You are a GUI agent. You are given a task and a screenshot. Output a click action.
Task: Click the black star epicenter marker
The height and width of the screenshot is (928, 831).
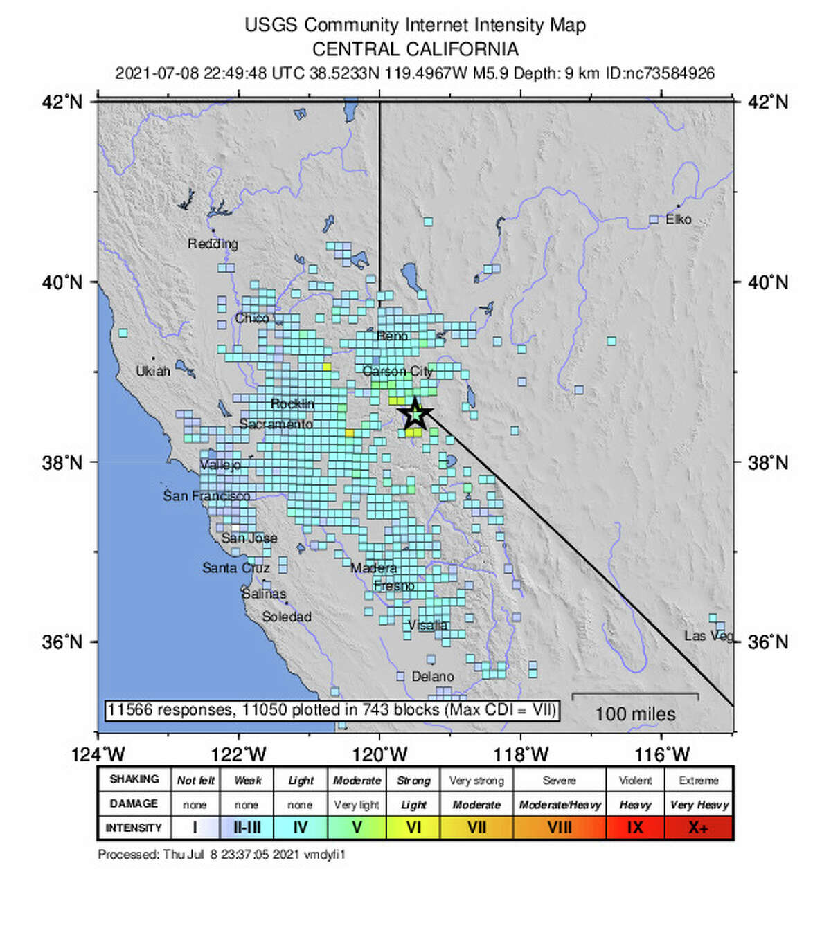click(x=414, y=414)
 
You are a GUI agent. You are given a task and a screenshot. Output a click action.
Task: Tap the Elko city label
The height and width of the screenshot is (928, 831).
click(x=678, y=219)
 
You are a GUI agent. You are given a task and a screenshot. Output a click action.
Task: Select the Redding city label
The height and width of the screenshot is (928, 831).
click(x=213, y=244)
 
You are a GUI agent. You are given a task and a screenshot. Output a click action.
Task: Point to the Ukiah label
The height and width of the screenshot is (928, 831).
click(x=152, y=372)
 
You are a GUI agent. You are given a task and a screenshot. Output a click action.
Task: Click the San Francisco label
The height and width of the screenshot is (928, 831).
click(x=206, y=496)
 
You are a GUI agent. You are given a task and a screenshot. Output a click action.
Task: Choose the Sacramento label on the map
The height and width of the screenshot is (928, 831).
click(x=276, y=424)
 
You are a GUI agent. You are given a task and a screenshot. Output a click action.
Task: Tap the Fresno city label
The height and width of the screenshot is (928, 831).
click(x=394, y=586)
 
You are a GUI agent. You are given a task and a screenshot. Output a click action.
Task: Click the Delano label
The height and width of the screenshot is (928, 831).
click(x=433, y=677)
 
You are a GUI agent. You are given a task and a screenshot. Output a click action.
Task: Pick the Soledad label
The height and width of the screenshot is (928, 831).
click(x=286, y=617)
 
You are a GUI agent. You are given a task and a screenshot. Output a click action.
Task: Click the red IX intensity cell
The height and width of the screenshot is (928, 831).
click(x=635, y=828)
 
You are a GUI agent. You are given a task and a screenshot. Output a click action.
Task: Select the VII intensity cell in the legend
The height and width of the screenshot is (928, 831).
click(x=476, y=828)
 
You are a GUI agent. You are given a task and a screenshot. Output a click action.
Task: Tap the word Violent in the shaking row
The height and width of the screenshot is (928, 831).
click(x=635, y=781)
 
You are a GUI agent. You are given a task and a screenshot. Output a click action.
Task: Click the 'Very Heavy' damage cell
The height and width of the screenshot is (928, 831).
click(x=699, y=805)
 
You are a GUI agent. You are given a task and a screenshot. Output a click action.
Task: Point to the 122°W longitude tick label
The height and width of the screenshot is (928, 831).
click(x=239, y=754)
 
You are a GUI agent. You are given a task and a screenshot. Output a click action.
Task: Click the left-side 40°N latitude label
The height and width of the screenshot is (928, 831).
click(x=62, y=282)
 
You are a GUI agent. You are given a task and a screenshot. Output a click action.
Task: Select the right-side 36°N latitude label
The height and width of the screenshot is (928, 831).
click(x=768, y=642)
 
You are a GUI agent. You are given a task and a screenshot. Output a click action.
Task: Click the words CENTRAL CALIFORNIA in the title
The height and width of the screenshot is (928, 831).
click(x=415, y=49)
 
